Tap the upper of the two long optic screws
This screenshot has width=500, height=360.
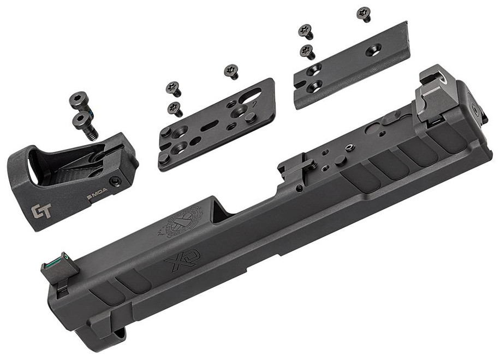(x=80, y=100)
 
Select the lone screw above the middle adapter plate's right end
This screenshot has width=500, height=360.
(x=230, y=72)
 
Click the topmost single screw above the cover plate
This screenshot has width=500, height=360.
(x=364, y=14)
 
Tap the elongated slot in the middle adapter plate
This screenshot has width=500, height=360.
(x=210, y=124)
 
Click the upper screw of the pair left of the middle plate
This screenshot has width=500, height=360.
(x=174, y=87)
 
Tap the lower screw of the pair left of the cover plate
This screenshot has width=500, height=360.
(x=307, y=52)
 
